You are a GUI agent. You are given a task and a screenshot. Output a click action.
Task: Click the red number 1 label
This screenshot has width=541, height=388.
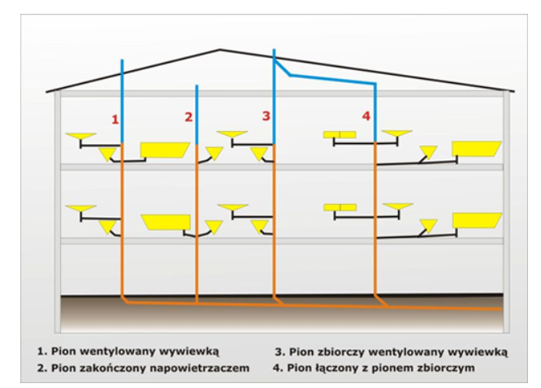115,119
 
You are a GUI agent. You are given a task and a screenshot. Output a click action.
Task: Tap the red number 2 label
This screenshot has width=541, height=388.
188,117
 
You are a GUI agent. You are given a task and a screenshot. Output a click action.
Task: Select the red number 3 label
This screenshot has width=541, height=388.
265,116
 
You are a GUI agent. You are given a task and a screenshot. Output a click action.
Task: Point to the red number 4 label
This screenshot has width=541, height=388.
366,117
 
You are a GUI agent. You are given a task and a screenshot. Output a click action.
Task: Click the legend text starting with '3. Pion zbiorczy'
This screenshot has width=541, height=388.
391,352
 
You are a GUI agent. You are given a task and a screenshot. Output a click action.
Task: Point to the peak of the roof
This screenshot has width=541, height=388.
219,50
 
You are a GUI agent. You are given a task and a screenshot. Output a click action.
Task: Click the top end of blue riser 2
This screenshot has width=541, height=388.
197,86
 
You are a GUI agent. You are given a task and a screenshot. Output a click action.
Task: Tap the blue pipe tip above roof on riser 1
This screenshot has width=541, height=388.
121,61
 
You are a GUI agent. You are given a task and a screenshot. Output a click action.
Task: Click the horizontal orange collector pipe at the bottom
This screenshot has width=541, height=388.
325,307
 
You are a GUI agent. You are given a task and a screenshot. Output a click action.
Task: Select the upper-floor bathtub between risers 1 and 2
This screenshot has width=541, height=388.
165,150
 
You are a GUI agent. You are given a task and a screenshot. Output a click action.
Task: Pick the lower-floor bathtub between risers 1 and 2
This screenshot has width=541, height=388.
166,220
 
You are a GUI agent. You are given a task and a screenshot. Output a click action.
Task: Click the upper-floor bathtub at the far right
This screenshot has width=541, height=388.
476,149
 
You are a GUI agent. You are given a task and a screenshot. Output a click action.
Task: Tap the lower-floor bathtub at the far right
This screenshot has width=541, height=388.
476,220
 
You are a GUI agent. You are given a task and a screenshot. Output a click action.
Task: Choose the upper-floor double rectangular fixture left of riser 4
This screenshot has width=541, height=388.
340,134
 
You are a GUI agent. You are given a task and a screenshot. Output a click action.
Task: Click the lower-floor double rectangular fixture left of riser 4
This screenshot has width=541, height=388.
340,207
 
